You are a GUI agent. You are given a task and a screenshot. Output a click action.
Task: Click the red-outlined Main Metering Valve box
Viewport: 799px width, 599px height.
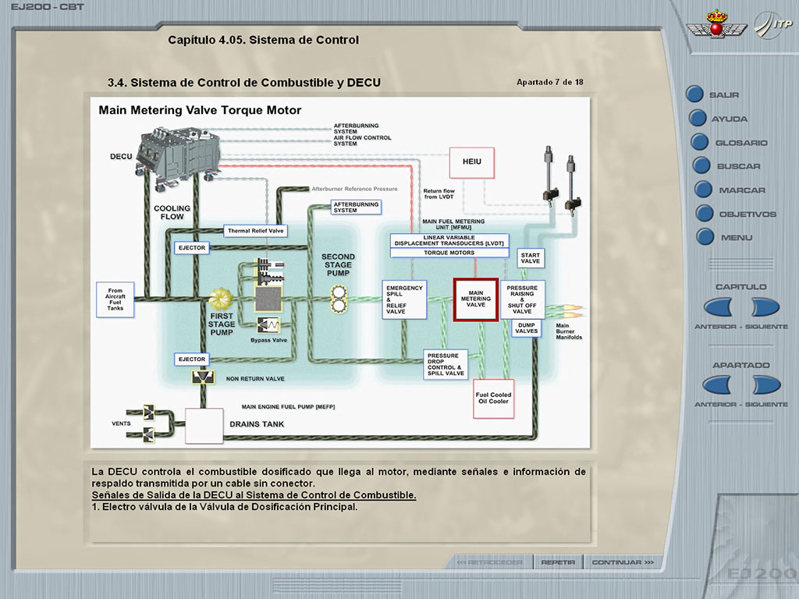(x=476, y=299)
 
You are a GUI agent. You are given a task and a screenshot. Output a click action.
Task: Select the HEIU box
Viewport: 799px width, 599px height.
(x=472, y=162)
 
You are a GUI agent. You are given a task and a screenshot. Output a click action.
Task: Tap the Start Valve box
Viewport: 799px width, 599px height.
(x=531, y=258)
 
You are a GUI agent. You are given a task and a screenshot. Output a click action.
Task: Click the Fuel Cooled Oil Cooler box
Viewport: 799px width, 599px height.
(x=493, y=399)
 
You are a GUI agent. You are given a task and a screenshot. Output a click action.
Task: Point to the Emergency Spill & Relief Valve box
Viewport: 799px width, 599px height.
(x=405, y=299)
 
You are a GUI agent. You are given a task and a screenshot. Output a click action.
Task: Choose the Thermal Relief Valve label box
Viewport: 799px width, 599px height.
(x=256, y=231)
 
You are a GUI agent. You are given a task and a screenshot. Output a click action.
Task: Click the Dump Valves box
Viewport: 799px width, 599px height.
(x=527, y=328)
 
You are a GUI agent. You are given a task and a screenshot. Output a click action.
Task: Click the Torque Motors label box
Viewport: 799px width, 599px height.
(x=449, y=253)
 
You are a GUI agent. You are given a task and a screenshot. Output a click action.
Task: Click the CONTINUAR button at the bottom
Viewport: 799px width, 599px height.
(x=622, y=562)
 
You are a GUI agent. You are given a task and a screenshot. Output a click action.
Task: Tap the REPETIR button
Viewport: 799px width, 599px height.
(x=558, y=562)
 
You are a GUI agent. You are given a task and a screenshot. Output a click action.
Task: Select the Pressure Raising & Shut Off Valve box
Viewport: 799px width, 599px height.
(x=521, y=299)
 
